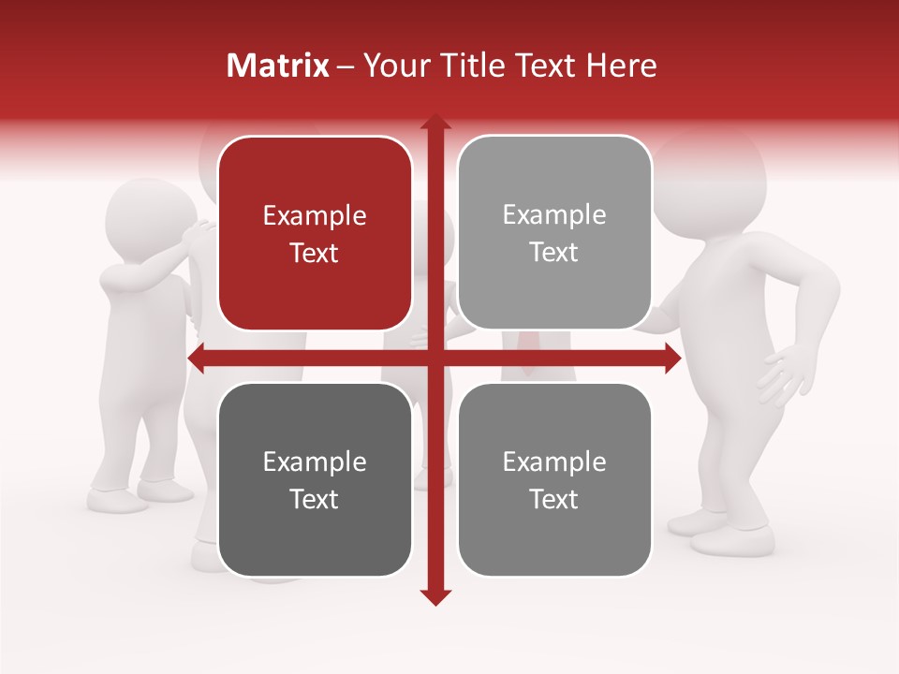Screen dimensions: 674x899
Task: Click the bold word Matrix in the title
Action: click(278, 66)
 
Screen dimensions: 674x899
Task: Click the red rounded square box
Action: click(315, 233)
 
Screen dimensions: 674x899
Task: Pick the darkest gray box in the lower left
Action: click(315, 479)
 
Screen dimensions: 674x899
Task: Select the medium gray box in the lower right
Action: click(554, 479)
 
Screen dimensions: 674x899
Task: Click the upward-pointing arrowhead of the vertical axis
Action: click(435, 123)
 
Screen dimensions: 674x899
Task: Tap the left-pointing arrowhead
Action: click(198, 358)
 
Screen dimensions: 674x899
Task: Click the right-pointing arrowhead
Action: click(671, 358)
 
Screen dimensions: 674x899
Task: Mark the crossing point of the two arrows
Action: click(435, 358)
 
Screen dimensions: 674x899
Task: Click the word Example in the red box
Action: click(315, 216)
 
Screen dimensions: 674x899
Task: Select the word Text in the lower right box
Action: click(554, 499)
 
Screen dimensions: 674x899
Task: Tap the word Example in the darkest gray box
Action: click(315, 462)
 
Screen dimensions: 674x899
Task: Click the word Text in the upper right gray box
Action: click(554, 252)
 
